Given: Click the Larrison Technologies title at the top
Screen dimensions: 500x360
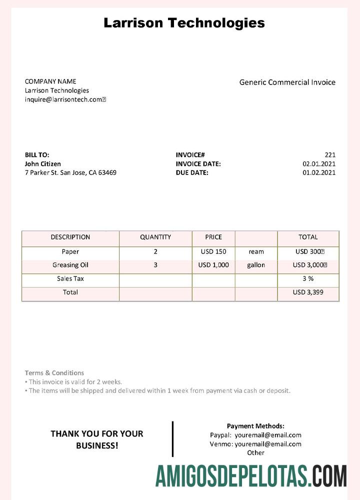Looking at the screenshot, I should coord(184,22).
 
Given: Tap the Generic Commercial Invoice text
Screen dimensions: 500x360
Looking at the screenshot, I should coord(287,82).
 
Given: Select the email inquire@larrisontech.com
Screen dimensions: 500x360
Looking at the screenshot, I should coord(65,99).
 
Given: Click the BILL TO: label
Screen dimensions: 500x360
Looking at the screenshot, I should coord(37,155).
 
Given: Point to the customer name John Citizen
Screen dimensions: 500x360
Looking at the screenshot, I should coord(43,163).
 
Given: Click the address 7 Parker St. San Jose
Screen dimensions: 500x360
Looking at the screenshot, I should coord(70,172).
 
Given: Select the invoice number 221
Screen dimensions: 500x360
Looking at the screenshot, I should coord(330,155).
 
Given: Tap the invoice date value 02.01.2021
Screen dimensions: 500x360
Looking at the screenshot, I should coord(319,163).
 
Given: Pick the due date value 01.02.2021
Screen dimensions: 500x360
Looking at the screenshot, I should coord(319,172).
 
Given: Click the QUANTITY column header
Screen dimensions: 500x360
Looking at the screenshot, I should coord(155,237).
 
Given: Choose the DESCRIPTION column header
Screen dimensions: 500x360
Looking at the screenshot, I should coord(70,237).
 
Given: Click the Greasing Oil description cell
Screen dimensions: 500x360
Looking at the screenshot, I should coord(70,265).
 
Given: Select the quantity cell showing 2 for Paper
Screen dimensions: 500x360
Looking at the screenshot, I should coord(155,251).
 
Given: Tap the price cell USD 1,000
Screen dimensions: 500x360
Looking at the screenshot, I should coord(213,265).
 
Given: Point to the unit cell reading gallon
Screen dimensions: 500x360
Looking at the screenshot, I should coord(256,265).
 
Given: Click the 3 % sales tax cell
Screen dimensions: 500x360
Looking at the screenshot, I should coord(308,278).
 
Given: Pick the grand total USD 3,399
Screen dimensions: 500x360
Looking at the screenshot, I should coord(308,292).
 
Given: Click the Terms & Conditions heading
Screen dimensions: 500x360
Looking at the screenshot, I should coord(54,372).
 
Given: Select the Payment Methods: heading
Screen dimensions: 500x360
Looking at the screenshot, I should coord(255,426).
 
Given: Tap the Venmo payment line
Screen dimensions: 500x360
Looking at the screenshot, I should coord(255,444).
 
